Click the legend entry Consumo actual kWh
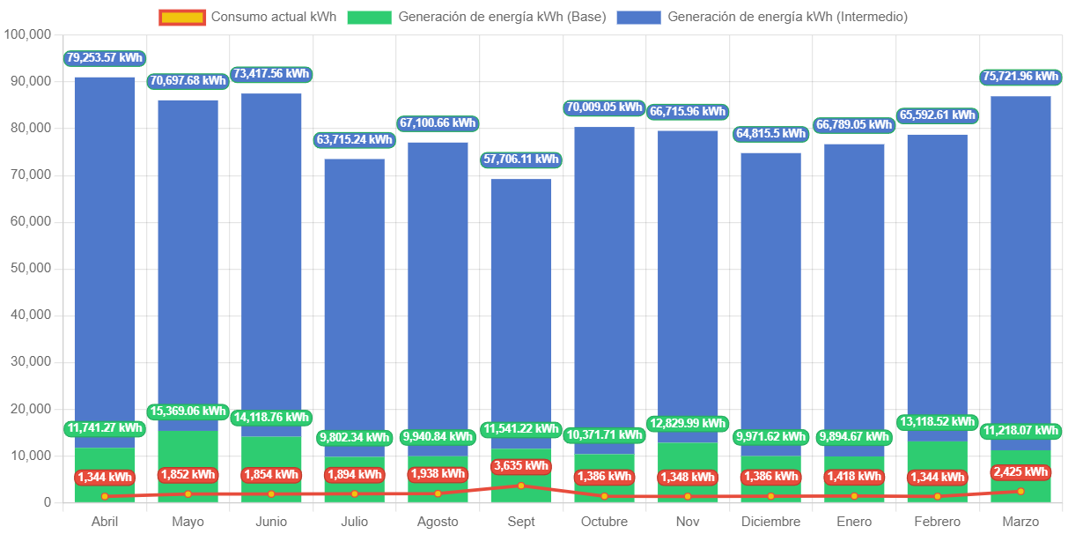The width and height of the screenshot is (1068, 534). click(247, 17)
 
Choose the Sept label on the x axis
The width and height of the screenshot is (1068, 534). click(521, 522)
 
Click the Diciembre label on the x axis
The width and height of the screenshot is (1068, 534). click(771, 522)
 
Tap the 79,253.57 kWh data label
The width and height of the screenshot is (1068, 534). click(104, 58)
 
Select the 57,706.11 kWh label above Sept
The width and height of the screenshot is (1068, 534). click(521, 159)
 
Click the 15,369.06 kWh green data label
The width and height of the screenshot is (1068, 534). click(188, 412)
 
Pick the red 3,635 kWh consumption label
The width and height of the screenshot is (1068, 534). click(521, 466)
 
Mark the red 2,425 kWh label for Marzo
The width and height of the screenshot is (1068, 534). click(1020, 471)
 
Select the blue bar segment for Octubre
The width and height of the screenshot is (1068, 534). click(604, 282)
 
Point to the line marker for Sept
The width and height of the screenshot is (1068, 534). click(521, 486)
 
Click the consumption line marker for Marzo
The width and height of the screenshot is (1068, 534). click(1020, 491)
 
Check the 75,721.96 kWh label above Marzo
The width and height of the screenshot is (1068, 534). click(1020, 78)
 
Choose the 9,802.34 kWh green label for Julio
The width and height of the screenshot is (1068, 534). click(354, 437)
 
